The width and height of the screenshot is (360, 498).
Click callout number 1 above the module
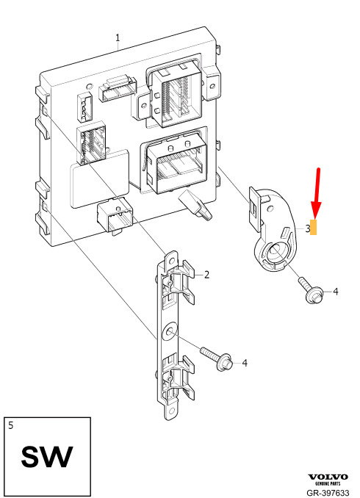(118, 38)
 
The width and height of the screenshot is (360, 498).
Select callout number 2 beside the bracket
(206, 275)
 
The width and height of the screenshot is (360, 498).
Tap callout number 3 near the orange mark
(307, 228)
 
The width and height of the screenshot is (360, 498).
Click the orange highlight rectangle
(313, 228)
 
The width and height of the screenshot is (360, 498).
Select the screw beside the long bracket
(217, 359)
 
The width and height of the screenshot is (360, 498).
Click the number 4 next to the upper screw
(336, 292)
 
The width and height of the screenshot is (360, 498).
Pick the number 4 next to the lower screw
(245, 363)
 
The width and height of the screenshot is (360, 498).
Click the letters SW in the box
(47, 457)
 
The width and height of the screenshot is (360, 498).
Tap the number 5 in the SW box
(11, 425)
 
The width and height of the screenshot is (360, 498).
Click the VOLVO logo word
(328, 477)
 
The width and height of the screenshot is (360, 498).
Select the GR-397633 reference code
(328, 493)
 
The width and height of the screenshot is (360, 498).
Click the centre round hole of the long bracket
(170, 332)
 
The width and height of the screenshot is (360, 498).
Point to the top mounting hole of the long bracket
(171, 261)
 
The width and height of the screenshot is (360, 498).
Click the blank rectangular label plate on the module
(100, 179)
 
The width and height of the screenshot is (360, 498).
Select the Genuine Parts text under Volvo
(328, 484)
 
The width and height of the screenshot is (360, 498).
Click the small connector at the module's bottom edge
(115, 218)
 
